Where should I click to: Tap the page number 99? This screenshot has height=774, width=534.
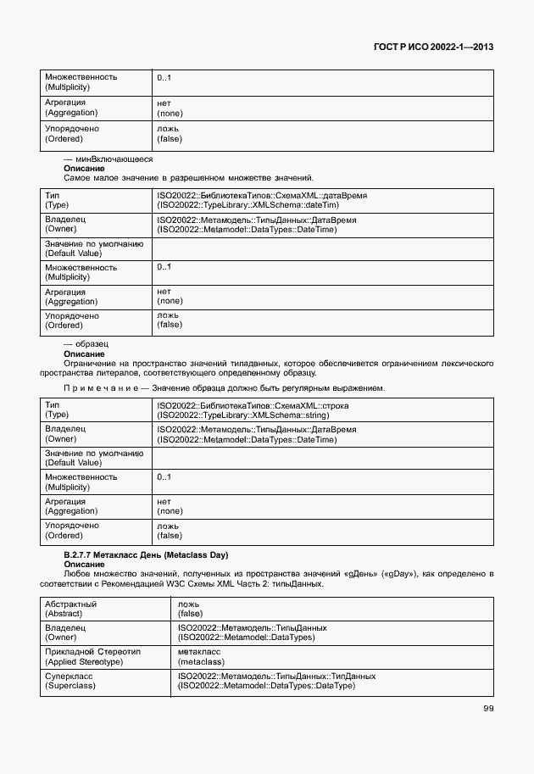tap(488, 709)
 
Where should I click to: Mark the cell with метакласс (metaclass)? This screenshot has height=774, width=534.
tap(200, 656)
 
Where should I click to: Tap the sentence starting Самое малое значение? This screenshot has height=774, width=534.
tap(188, 178)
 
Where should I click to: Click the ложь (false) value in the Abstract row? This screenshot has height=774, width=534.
tap(192, 609)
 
